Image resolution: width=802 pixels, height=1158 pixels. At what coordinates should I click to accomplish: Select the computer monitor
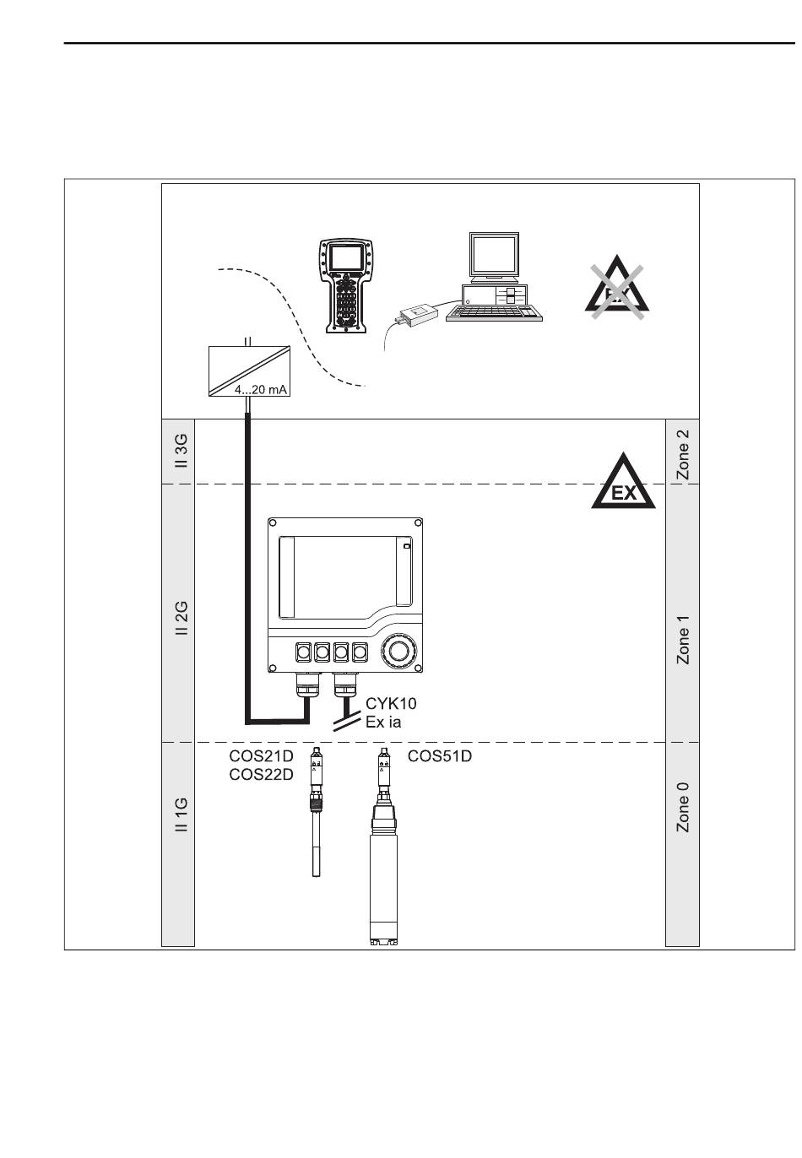point(494,256)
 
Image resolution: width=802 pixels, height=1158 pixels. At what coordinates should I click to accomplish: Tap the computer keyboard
point(494,311)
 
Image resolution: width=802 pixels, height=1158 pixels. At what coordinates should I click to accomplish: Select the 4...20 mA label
point(261,390)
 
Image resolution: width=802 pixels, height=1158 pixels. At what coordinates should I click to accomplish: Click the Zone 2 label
point(683,454)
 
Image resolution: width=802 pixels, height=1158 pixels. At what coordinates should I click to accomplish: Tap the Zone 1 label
point(683,640)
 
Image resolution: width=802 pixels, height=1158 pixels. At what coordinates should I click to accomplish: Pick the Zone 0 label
point(683,807)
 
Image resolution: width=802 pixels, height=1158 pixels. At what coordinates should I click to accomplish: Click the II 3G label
point(179,452)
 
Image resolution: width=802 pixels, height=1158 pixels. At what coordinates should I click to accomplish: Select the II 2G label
point(179,619)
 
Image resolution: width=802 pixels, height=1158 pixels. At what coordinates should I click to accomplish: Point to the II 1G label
point(179,815)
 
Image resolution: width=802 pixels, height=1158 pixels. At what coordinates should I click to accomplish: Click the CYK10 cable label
point(391,703)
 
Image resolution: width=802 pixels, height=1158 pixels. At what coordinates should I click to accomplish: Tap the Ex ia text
point(383,722)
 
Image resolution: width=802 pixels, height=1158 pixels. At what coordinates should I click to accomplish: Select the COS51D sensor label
point(439,757)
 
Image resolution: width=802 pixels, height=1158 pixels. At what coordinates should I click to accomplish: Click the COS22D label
point(262,775)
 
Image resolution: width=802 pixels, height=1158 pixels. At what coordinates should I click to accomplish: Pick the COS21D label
point(262,757)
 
